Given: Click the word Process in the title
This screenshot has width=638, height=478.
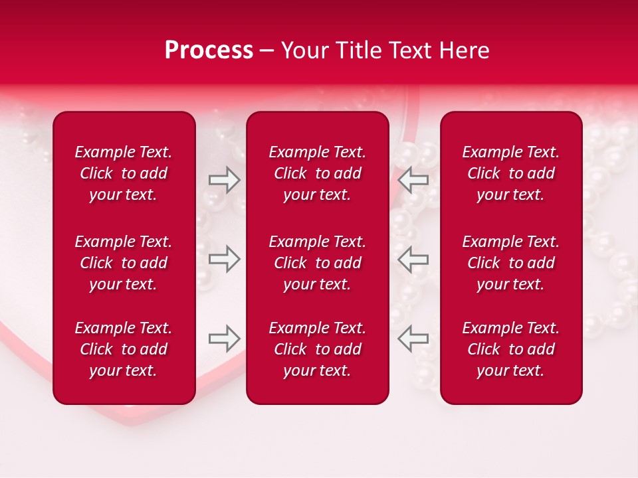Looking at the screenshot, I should point(209,50).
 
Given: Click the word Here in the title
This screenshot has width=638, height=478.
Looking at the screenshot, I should point(463,50).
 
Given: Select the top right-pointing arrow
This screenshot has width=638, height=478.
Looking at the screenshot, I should point(224,179).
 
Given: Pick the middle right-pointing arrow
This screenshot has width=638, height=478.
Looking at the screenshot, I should point(224,259).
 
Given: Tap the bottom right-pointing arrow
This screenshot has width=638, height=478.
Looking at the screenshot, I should point(224,339).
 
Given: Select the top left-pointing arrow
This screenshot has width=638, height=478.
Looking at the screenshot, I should point(413,179).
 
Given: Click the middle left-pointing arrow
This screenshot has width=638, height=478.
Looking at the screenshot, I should point(413,259).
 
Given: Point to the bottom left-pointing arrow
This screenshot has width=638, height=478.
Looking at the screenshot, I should point(413,339).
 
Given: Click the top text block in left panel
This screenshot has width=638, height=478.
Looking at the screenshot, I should point(124,173).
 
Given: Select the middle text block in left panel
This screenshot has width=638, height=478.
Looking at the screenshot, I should point(124,263).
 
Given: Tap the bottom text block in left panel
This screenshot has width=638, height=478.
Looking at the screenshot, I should point(124,349).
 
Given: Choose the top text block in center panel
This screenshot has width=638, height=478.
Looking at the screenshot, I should point(318,173).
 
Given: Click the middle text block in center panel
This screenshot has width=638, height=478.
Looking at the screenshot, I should point(318,263).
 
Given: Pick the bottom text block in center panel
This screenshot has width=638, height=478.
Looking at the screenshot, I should point(318,349).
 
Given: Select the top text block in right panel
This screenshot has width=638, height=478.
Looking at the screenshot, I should point(511,173).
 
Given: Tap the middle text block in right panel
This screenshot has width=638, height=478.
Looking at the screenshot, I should point(511,263).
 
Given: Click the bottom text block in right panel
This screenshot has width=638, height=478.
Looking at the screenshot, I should point(511,349).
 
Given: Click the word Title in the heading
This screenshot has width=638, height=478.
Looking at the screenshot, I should point(359,50).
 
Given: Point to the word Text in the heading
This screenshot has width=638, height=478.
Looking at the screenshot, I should point(410,50).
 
